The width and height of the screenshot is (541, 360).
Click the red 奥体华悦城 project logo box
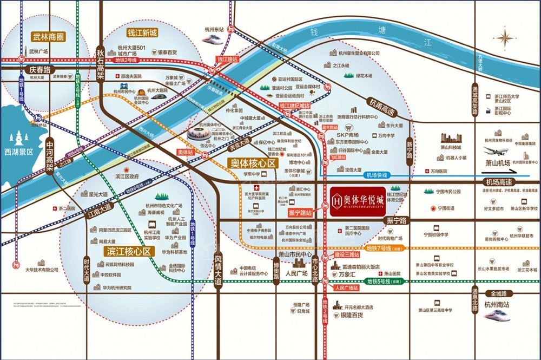358,202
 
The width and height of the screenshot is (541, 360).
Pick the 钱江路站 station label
228,58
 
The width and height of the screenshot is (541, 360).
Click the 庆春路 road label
40,70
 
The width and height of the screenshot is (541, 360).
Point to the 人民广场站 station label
347,288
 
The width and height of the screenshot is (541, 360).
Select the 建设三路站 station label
347,254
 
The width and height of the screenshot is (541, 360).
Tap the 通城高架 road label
475,101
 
